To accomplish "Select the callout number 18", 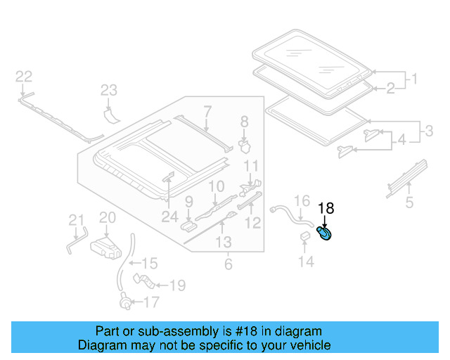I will point(326,208).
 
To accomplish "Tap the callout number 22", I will point(24,76).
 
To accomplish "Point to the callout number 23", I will point(108,89).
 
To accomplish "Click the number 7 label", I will point(207,110).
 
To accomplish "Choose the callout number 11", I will point(252,167).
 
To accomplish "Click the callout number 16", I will point(301,201).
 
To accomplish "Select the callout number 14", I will point(305,262).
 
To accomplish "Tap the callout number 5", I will point(409,204).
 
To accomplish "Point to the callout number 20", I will point(107,218).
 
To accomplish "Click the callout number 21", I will point(76,221).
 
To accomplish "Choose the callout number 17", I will point(152,304).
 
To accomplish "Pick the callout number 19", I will point(177,285).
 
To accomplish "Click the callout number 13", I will point(223,243).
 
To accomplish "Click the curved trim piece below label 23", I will point(110,112).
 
